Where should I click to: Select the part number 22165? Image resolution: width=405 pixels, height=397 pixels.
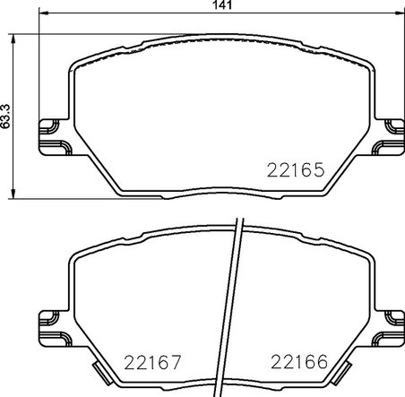295,168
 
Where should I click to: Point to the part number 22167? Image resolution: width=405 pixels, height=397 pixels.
153,362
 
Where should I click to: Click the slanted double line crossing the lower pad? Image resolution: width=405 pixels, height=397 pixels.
236,296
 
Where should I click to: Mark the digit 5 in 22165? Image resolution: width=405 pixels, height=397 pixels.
316,168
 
